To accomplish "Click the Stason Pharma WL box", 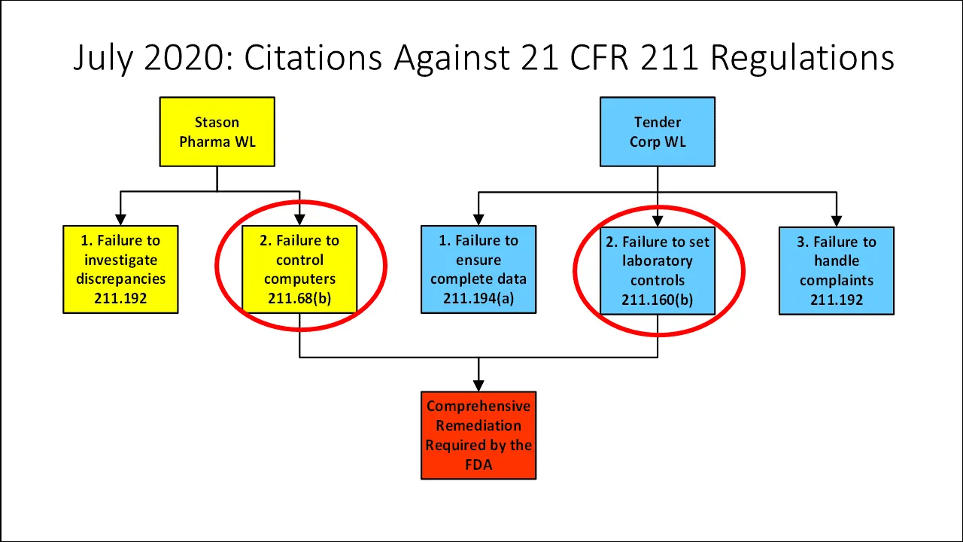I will (x=217, y=132).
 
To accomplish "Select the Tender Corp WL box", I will (x=657, y=132).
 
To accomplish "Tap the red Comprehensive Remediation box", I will (x=478, y=435).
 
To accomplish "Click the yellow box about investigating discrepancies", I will (x=120, y=269).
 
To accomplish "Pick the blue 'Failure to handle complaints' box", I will (x=836, y=270).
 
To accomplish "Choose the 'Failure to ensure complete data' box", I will (x=478, y=269).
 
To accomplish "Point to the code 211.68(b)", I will (x=299, y=299).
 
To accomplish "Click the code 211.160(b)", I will (x=657, y=300).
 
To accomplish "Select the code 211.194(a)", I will (x=478, y=299).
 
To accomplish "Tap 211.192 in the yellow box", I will (x=120, y=299).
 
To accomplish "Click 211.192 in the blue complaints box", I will (x=836, y=300).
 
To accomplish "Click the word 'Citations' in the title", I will (x=314, y=58).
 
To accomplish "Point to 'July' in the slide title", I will (x=104, y=58).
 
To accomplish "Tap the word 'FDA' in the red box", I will (x=478, y=464).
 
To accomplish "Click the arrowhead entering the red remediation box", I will (x=478, y=385).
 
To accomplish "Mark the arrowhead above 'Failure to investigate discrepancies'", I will (x=120, y=220).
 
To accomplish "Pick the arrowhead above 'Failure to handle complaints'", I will (x=836, y=221).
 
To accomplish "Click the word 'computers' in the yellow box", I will (x=299, y=279).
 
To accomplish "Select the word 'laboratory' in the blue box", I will (x=657, y=261).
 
